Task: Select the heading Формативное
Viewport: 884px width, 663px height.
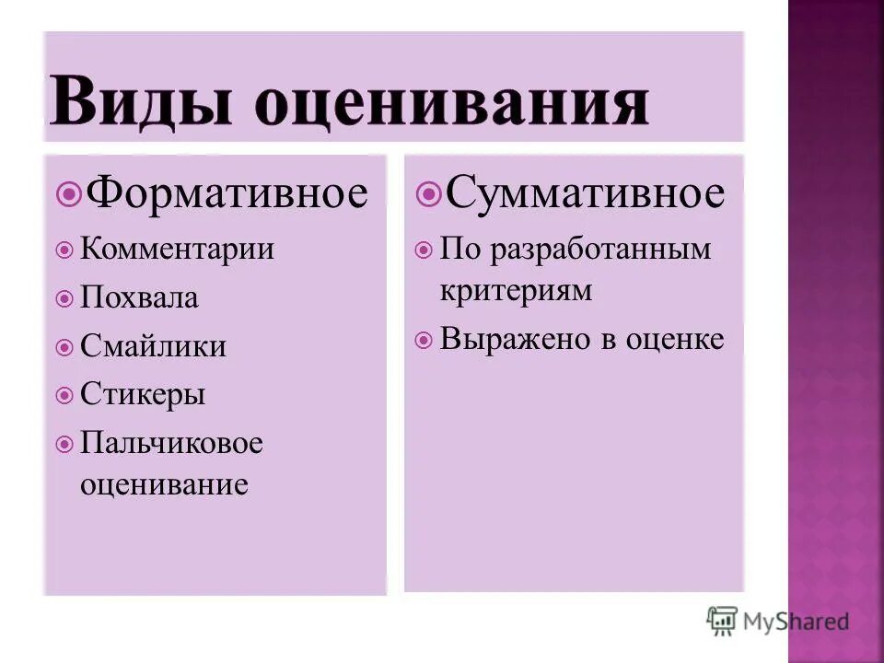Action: pos(226,193)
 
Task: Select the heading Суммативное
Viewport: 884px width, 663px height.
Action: pos(585,193)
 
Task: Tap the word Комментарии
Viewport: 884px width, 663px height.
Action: pos(178,249)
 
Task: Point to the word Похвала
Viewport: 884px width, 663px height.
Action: pos(139,297)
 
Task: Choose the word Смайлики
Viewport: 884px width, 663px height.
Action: pos(153,346)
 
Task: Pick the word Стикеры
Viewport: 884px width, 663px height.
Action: pos(143,395)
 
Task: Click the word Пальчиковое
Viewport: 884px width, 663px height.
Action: pos(172,443)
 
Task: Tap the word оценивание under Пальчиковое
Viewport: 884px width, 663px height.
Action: pos(164,483)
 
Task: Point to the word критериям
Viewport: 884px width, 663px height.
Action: pos(516,290)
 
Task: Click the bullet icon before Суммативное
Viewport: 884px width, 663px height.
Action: pos(427,193)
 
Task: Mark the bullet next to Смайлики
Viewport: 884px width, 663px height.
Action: pos(64,347)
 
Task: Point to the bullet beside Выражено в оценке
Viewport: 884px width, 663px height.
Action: pos(423,340)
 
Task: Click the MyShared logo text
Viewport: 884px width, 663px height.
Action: pos(797,622)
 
